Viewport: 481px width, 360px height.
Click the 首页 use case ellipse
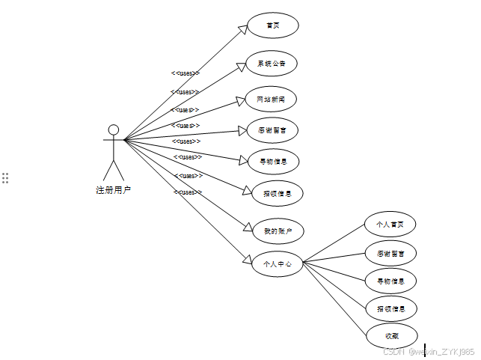(273, 25)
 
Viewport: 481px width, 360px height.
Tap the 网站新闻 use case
(271, 99)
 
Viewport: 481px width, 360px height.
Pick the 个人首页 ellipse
(390, 224)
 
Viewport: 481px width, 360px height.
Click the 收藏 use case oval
(392, 335)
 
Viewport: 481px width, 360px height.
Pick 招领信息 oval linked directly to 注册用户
(278, 193)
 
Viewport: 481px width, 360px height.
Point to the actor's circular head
(114, 129)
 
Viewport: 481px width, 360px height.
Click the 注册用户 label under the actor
(114, 190)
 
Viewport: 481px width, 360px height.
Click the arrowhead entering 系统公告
(241, 66)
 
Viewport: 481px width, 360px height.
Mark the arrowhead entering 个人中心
(248, 260)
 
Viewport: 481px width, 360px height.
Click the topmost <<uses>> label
(184, 73)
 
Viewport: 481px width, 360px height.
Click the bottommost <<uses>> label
(188, 192)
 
